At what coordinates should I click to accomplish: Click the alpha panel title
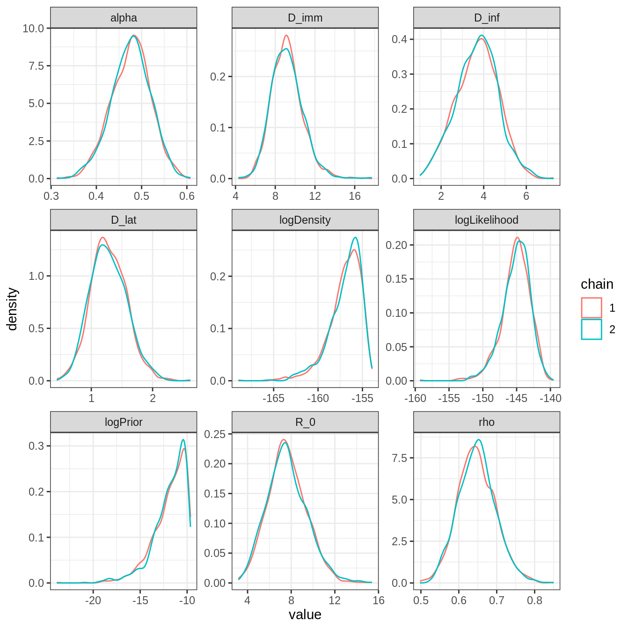pyautogui.click(x=124, y=18)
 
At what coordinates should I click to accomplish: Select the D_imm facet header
pyautogui.click(x=305, y=18)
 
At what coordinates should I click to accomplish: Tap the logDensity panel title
pyautogui.click(x=305, y=220)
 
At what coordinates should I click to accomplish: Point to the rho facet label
pyautogui.click(x=487, y=422)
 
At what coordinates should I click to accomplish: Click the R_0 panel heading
pyautogui.click(x=305, y=422)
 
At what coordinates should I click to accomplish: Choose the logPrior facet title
pyautogui.click(x=124, y=422)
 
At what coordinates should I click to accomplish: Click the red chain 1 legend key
pyautogui.click(x=592, y=308)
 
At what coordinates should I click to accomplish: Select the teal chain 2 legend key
pyautogui.click(x=592, y=329)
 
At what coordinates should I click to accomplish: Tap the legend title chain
pyautogui.click(x=597, y=284)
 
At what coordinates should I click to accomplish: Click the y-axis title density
pyautogui.click(x=12, y=309)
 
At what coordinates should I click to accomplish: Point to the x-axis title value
pyautogui.click(x=305, y=614)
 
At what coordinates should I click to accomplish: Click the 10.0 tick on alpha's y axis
pyautogui.click(x=33, y=29)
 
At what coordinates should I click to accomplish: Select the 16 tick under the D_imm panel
pyautogui.click(x=355, y=196)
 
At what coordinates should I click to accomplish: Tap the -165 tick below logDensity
pyautogui.click(x=273, y=398)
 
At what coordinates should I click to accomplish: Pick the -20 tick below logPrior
pyautogui.click(x=93, y=600)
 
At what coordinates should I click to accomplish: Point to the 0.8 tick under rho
pyautogui.click(x=534, y=600)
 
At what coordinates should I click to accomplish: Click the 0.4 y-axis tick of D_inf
pyautogui.click(x=399, y=39)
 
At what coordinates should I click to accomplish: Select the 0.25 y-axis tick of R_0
pyautogui.click(x=215, y=434)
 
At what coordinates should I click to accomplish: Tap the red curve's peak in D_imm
pyautogui.click(x=286, y=35)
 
